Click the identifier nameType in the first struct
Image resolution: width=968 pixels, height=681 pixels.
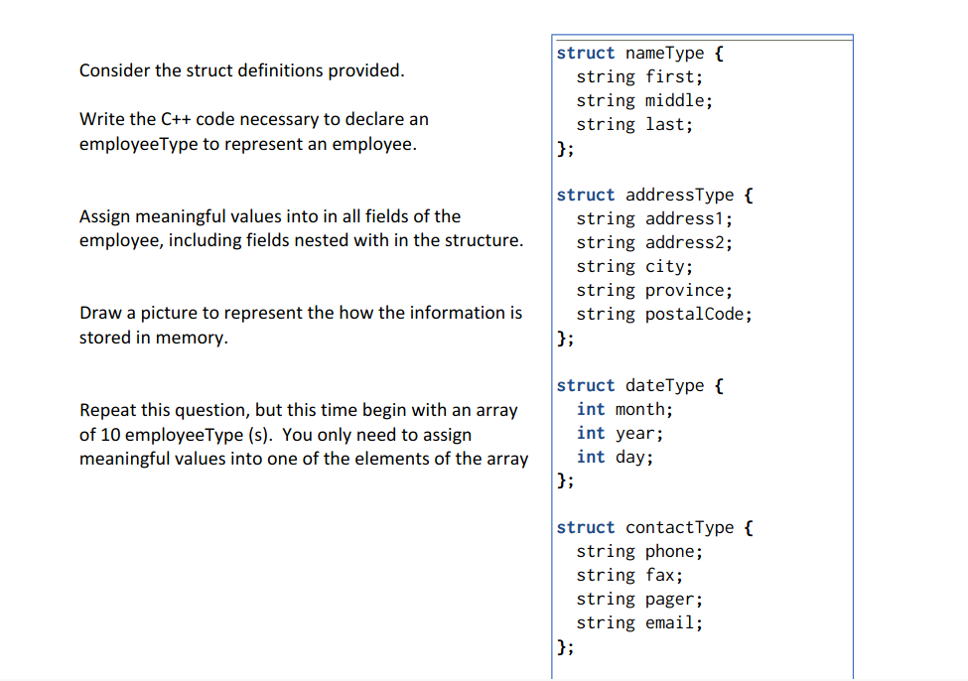(665, 53)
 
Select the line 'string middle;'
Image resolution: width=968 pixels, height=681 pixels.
(643, 100)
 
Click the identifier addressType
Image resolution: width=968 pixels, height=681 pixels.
(680, 195)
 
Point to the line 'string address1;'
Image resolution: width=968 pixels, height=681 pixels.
(654, 218)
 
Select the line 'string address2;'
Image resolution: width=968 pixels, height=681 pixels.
(654, 242)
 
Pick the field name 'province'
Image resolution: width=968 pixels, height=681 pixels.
(685, 290)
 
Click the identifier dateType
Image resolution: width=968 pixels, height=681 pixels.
(665, 385)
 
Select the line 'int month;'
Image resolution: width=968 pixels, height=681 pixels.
(623, 409)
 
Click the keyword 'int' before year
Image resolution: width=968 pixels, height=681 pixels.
(591, 433)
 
